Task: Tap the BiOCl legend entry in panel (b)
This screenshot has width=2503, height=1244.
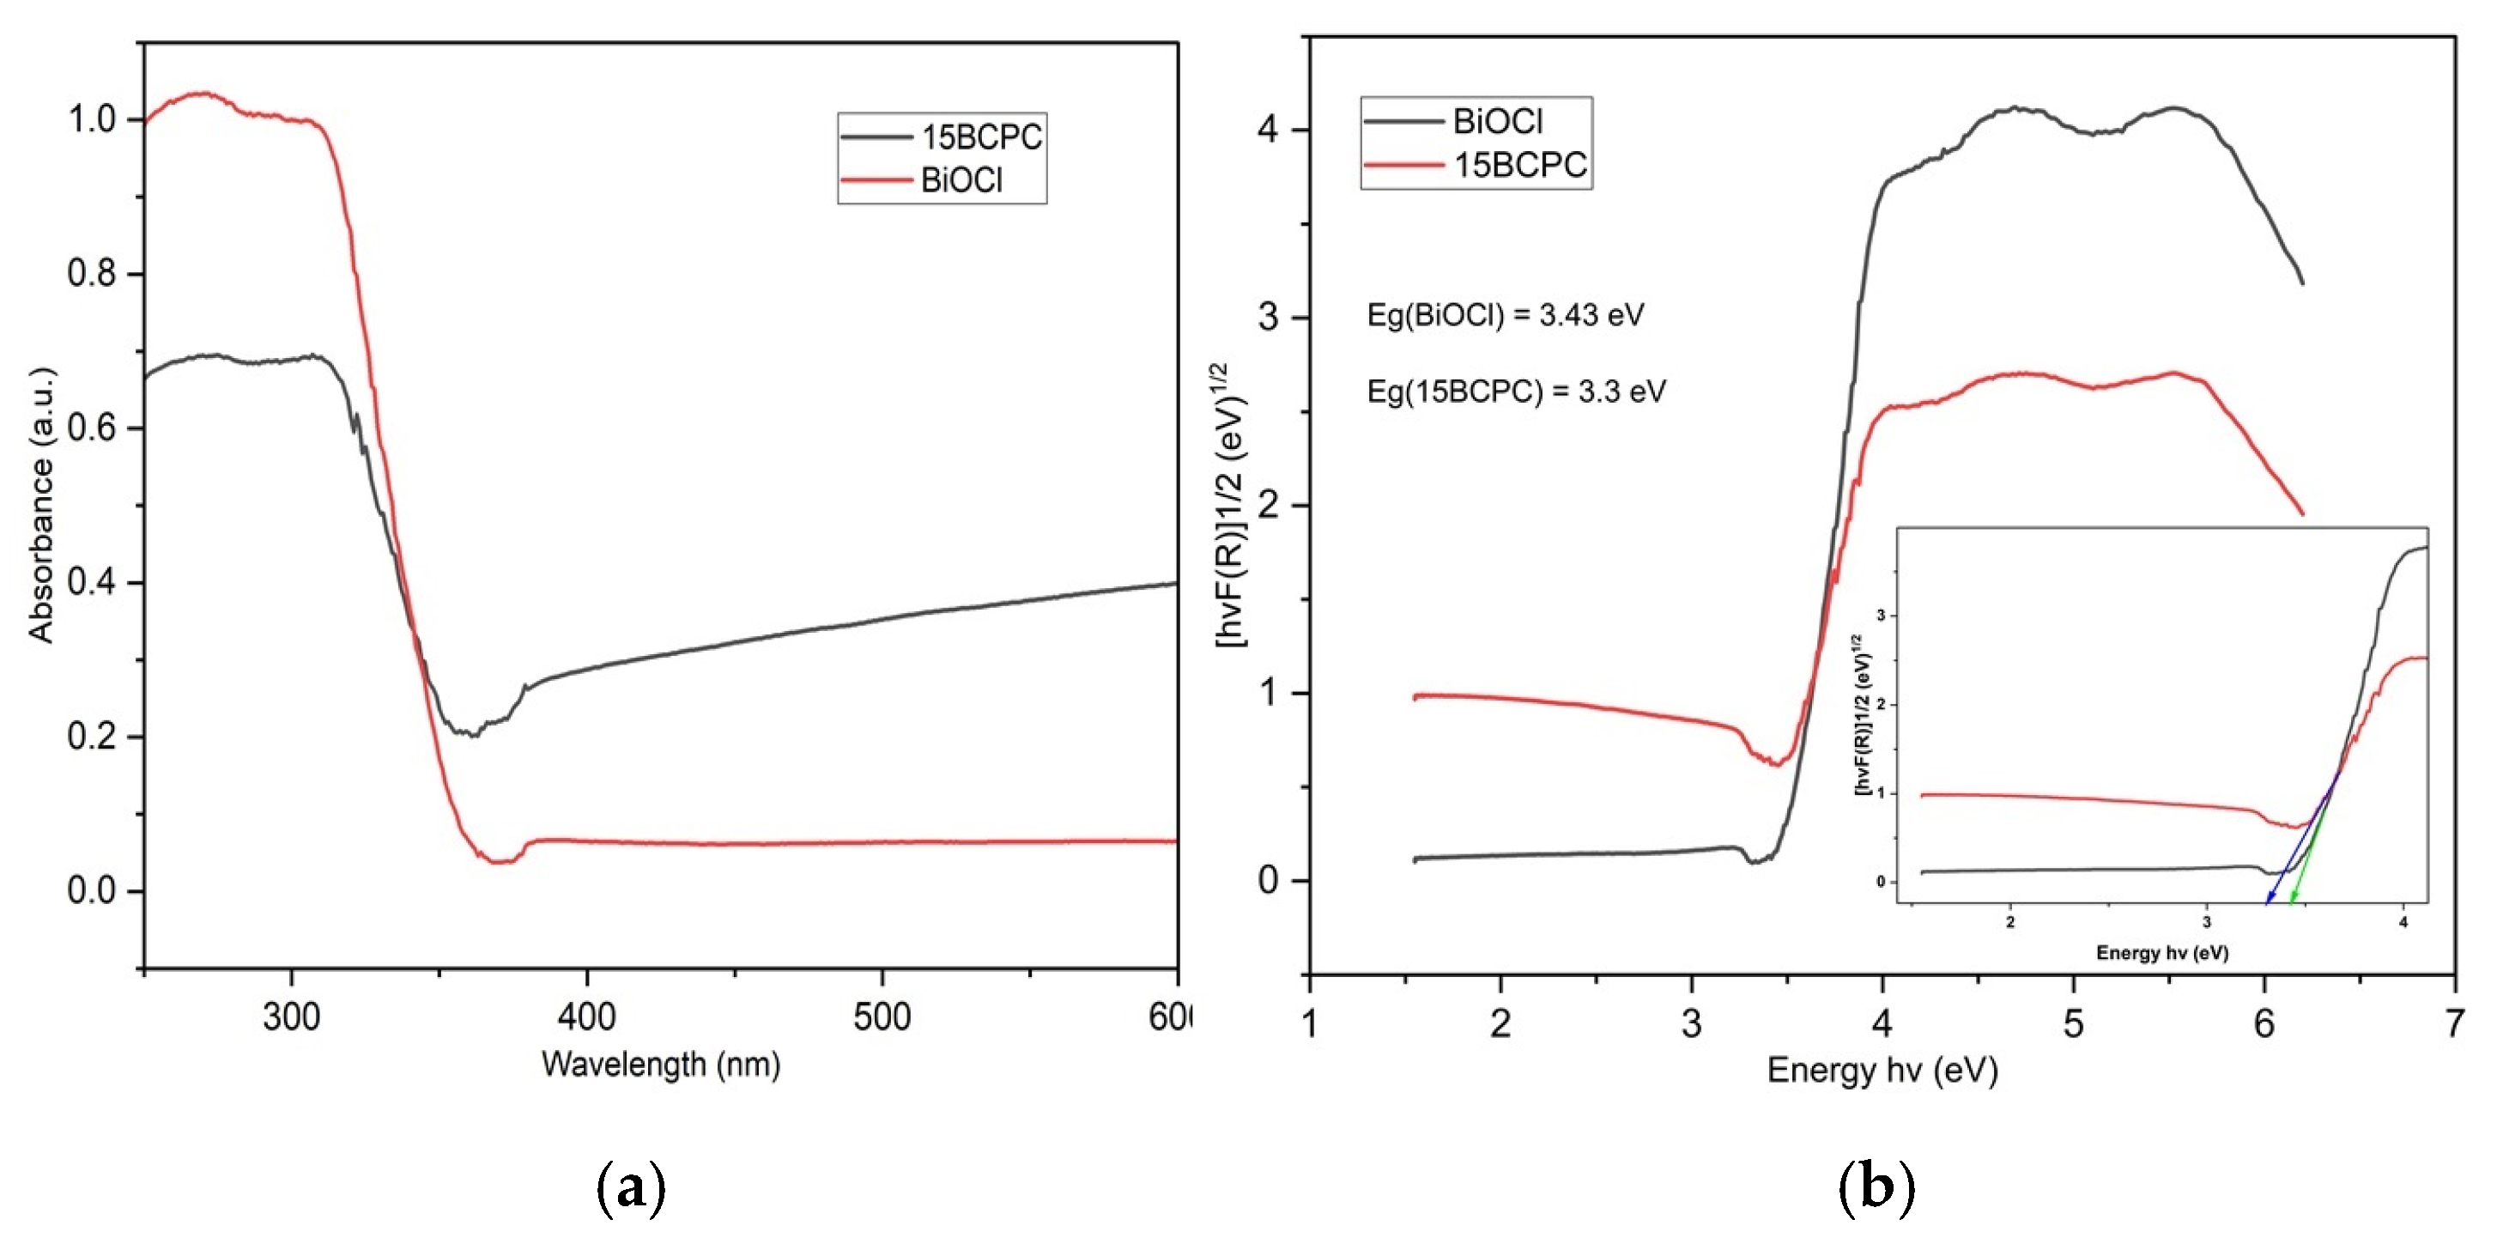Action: point(1496,122)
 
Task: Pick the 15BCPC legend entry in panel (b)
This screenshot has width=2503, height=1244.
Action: point(1518,165)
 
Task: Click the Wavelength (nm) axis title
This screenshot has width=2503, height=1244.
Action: point(661,1065)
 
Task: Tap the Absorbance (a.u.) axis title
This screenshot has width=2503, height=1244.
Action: point(41,506)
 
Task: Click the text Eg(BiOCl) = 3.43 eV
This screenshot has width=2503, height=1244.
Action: point(1505,315)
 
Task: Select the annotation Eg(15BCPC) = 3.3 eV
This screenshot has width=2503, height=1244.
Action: point(1516,391)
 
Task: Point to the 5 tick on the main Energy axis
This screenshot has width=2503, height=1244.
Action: point(2073,1023)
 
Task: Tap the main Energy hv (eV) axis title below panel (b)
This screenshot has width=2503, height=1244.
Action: point(1882,1070)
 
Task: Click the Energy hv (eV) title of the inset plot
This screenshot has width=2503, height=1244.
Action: point(2162,952)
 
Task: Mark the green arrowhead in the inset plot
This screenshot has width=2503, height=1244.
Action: point(2291,902)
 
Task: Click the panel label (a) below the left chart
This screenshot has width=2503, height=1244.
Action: point(631,1187)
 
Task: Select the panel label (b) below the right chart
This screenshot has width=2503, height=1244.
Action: point(1876,1187)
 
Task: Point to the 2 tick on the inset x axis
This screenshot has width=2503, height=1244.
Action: point(2010,921)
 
